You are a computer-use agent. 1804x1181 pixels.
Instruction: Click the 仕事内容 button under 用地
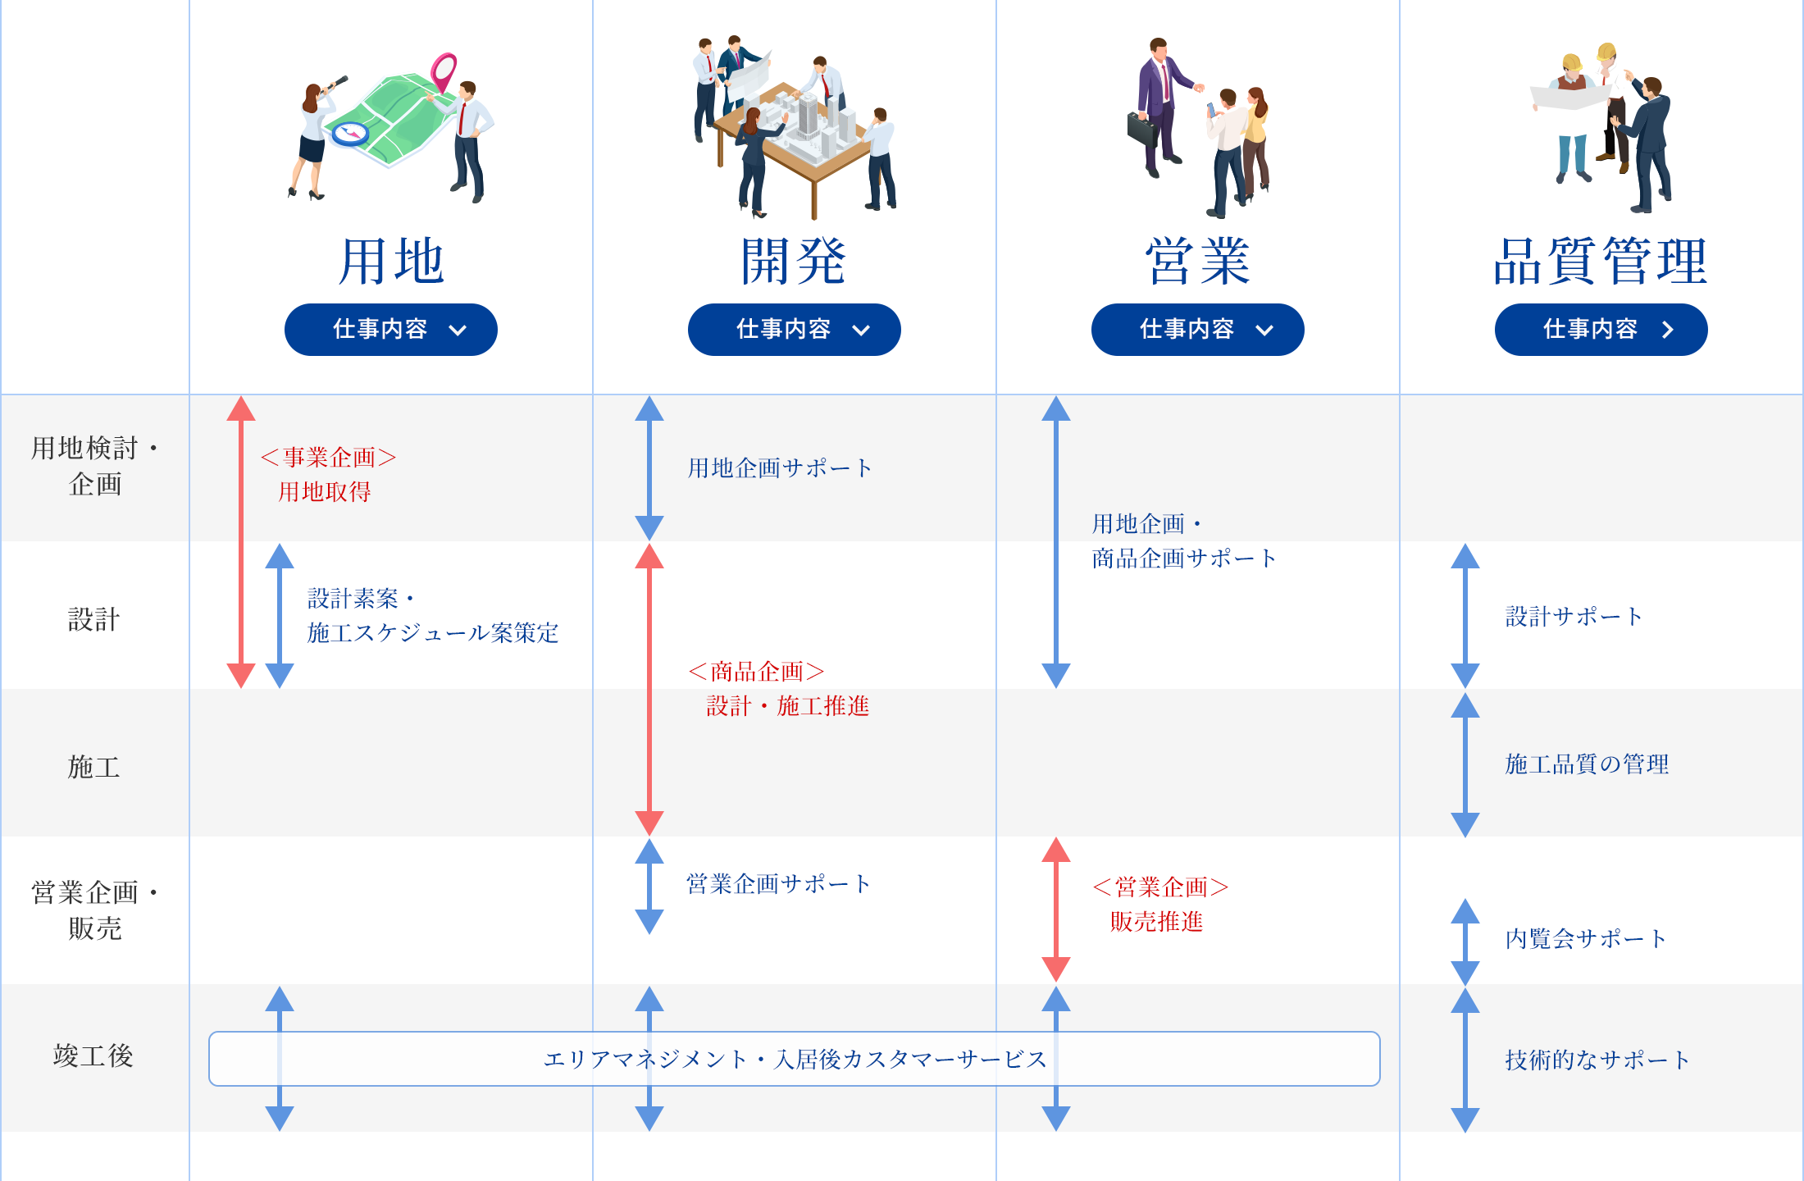tap(391, 330)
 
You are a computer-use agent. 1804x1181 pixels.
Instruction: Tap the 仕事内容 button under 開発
tap(794, 330)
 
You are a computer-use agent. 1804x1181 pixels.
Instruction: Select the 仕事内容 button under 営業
tap(1197, 330)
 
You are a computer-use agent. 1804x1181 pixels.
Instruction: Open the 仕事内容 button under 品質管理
tap(1601, 330)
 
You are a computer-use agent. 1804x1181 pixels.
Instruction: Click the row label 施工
tap(94, 767)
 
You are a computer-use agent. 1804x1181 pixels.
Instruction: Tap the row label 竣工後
tap(94, 1056)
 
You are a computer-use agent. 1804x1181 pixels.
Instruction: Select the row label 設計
tap(94, 619)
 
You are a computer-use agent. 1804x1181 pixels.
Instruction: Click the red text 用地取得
tap(325, 492)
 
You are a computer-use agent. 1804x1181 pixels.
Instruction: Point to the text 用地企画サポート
tap(780, 468)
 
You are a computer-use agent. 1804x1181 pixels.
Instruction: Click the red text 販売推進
tap(1156, 922)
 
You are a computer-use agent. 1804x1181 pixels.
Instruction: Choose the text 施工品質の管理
tap(1587, 764)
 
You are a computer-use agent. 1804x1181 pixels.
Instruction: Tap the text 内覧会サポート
tap(1586, 939)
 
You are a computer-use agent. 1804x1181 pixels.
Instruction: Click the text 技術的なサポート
tap(1597, 1060)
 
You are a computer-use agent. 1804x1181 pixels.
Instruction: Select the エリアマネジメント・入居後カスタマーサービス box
tap(794, 1059)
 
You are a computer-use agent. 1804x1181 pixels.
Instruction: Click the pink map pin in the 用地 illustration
tap(444, 72)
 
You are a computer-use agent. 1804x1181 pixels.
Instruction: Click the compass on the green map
tap(351, 133)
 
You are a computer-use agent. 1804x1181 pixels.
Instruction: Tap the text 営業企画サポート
tap(778, 884)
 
